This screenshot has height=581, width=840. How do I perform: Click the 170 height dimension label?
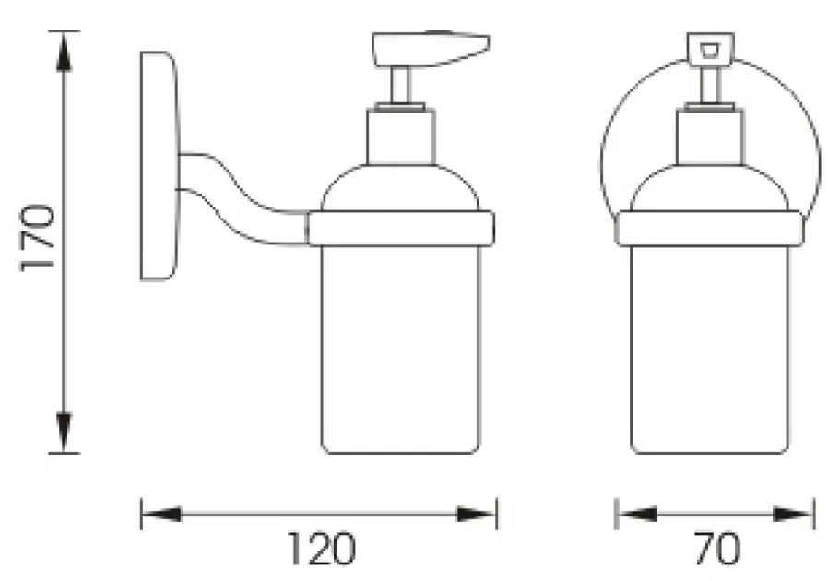(x=39, y=238)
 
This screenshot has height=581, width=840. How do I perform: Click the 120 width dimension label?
(x=317, y=550)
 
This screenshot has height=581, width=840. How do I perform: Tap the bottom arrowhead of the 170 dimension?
(x=62, y=435)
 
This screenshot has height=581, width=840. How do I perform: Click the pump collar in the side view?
(x=400, y=136)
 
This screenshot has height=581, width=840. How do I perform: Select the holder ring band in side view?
(x=400, y=228)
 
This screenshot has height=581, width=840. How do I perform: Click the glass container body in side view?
(x=400, y=350)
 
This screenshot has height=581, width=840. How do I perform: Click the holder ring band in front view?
(x=709, y=228)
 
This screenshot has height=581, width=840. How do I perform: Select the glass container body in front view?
(x=709, y=350)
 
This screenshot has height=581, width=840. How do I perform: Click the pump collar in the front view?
(x=709, y=136)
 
